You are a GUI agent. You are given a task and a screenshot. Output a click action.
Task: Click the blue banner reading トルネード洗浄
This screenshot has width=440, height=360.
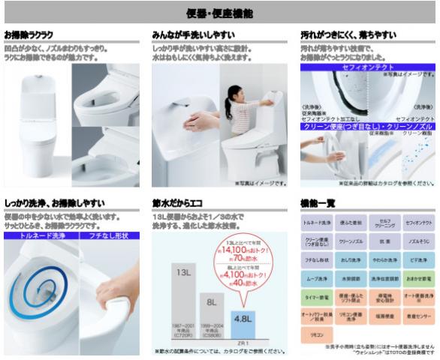38,235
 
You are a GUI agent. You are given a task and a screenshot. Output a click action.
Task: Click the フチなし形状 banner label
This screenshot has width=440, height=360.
107,235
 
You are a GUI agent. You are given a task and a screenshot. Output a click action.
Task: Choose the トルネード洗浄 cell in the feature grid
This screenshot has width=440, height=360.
316,223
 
